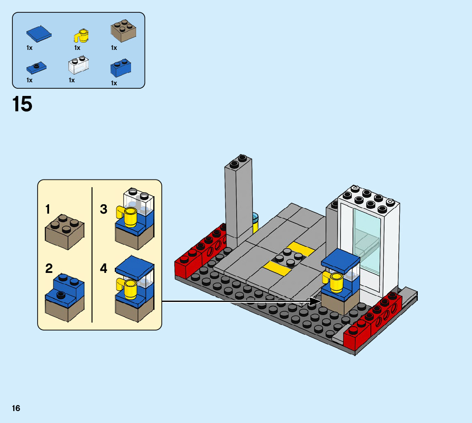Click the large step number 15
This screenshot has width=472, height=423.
click(23, 104)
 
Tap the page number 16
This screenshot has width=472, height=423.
click(16, 409)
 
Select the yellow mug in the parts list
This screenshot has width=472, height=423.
click(82, 35)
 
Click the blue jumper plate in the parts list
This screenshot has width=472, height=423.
click(36, 67)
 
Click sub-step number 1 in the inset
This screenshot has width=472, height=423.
click(48, 210)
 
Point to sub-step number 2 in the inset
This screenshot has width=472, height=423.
click(49, 269)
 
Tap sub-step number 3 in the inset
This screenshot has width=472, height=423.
click(104, 210)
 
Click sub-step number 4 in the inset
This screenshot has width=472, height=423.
click(104, 269)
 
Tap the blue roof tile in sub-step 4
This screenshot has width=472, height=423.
click(134, 267)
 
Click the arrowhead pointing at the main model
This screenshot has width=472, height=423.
click(315, 301)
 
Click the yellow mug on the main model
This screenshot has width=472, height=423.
click(335, 282)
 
